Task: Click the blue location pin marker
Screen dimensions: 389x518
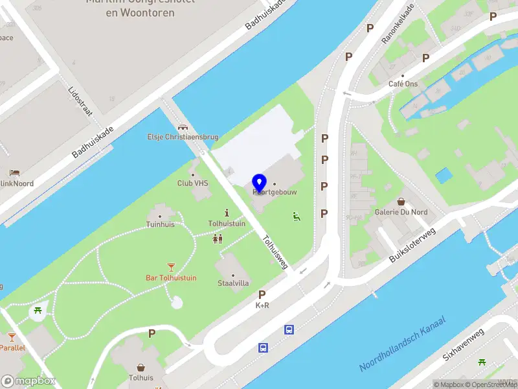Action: click(x=260, y=183)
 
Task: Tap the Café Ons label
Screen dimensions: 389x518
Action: click(x=403, y=84)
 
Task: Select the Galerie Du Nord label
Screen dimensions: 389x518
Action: click(x=401, y=212)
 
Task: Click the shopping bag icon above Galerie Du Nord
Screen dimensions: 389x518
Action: click(x=401, y=202)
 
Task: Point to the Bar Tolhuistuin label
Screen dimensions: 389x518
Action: click(x=171, y=277)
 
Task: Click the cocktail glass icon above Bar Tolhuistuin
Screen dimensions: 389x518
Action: click(x=171, y=266)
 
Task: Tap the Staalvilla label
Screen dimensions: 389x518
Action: click(x=233, y=284)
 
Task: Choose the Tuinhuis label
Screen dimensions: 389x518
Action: click(x=160, y=224)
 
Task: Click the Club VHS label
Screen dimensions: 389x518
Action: click(x=192, y=183)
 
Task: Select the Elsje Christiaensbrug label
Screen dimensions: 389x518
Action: click(x=183, y=137)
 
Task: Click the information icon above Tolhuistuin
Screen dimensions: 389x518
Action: click(x=227, y=213)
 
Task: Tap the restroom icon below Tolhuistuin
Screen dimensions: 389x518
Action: click(x=218, y=239)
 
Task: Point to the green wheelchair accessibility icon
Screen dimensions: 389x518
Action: click(x=297, y=216)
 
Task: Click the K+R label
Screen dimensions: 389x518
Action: click(x=262, y=305)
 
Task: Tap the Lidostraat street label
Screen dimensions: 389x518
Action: click(x=80, y=102)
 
